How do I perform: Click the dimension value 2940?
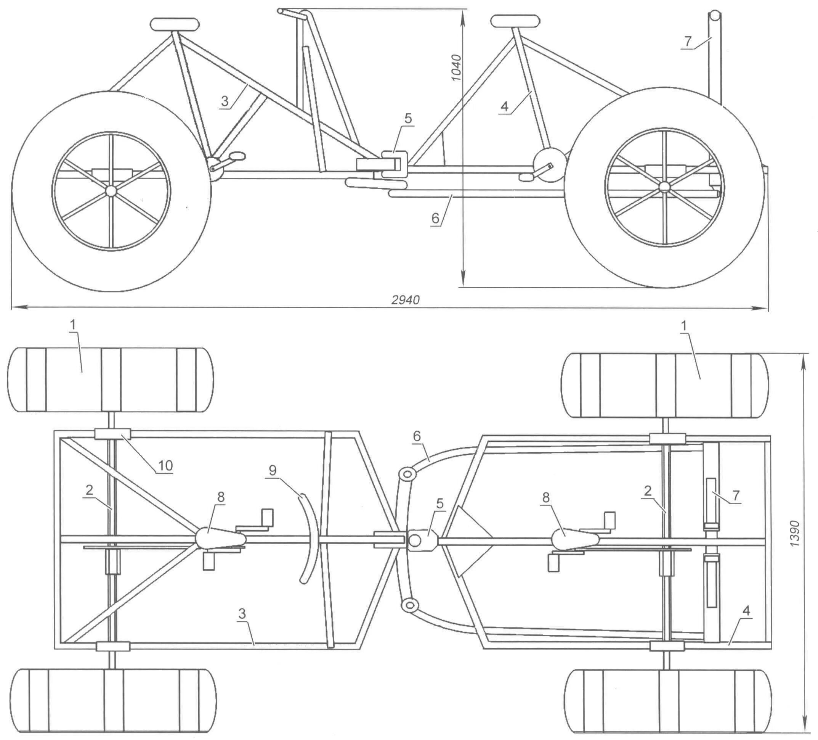pyautogui.click(x=405, y=300)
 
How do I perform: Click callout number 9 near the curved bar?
pyautogui.click(x=272, y=470)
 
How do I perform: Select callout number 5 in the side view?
pyautogui.click(x=408, y=119)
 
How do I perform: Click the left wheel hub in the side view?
pyautogui.click(x=111, y=190)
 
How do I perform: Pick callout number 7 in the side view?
pyautogui.click(x=687, y=42)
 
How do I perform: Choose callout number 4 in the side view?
pyautogui.click(x=504, y=106)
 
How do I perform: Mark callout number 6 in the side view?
pyautogui.click(x=435, y=218)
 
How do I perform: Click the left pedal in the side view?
pyautogui.click(x=237, y=156)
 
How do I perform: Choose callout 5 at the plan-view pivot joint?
pyautogui.click(x=440, y=504)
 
